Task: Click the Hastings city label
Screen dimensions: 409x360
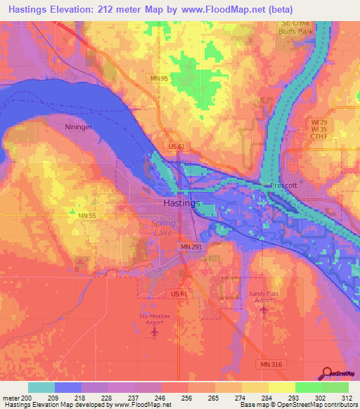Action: tap(181, 202)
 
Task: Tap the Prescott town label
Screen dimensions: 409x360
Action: tap(284, 186)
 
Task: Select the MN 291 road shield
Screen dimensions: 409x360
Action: tap(189, 247)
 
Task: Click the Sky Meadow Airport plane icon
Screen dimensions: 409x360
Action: tap(154, 331)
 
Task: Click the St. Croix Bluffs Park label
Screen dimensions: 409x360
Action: tap(292, 27)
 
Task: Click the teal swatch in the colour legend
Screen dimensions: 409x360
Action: tap(41, 387)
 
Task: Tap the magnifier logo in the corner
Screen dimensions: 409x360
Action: tap(328, 373)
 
